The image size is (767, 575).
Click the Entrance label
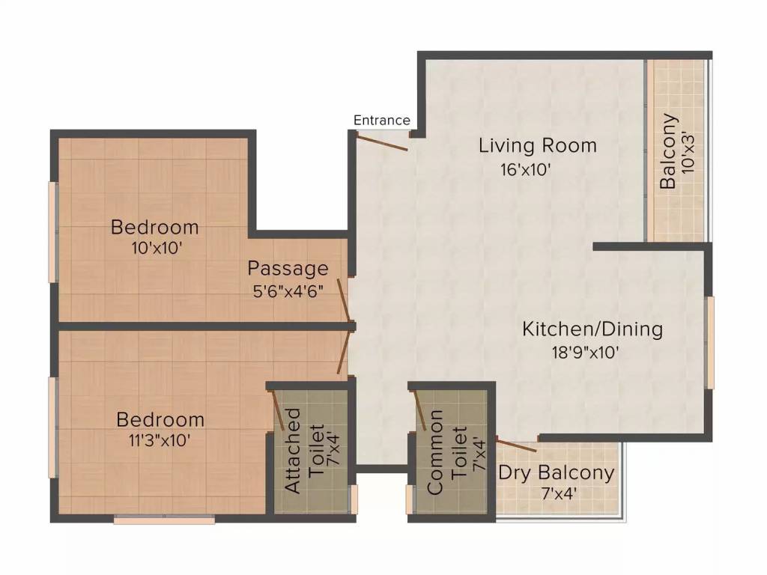pyautogui.click(x=381, y=121)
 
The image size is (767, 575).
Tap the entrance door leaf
pyautogui.click(x=382, y=143)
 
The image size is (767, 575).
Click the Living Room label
pyautogui.click(x=538, y=146)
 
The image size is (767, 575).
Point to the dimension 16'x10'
pyautogui.click(x=525, y=170)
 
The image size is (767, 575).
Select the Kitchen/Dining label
pyautogui.click(x=592, y=329)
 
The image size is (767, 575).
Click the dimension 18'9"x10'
pyautogui.click(x=586, y=352)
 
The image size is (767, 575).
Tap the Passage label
pyautogui.click(x=288, y=269)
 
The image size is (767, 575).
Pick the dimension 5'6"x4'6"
pyautogui.click(x=288, y=291)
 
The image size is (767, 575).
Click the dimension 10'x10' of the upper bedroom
pyautogui.click(x=157, y=249)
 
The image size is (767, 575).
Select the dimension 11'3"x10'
pyautogui.click(x=160, y=440)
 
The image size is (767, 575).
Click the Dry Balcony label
pyautogui.click(x=557, y=473)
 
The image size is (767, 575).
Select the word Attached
pyautogui.click(x=293, y=451)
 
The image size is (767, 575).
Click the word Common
pyautogui.click(x=435, y=451)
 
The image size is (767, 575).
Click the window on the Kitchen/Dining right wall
pyautogui.click(x=709, y=342)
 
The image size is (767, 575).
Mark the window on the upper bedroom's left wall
pyautogui.click(x=53, y=232)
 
